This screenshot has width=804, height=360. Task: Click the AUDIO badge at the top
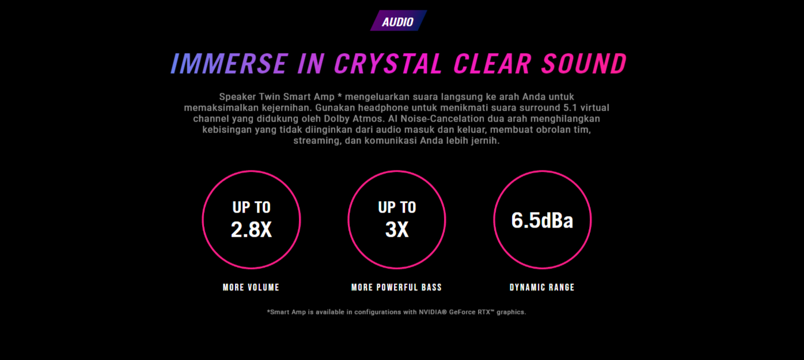point(399,21)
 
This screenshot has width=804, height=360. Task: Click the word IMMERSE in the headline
point(229,64)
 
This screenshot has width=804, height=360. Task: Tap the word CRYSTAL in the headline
point(388,64)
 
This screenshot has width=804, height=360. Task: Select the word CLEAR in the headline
point(493,64)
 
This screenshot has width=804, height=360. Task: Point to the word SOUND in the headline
point(585,64)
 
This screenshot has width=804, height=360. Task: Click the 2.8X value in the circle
point(251,229)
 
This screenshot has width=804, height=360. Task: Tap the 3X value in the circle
point(397,229)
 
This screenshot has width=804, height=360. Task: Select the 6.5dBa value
point(542,220)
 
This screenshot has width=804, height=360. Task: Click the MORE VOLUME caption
point(251,287)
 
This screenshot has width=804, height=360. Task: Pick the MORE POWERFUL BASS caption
point(397,287)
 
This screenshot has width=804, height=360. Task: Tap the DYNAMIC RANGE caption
point(542,287)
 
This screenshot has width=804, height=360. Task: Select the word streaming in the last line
point(317,141)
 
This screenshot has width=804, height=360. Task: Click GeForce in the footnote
point(462,312)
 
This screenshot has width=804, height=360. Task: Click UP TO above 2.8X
point(251,207)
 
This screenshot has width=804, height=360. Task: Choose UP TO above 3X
point(397,207)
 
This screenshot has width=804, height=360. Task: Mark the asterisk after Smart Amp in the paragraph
point(340,96)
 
